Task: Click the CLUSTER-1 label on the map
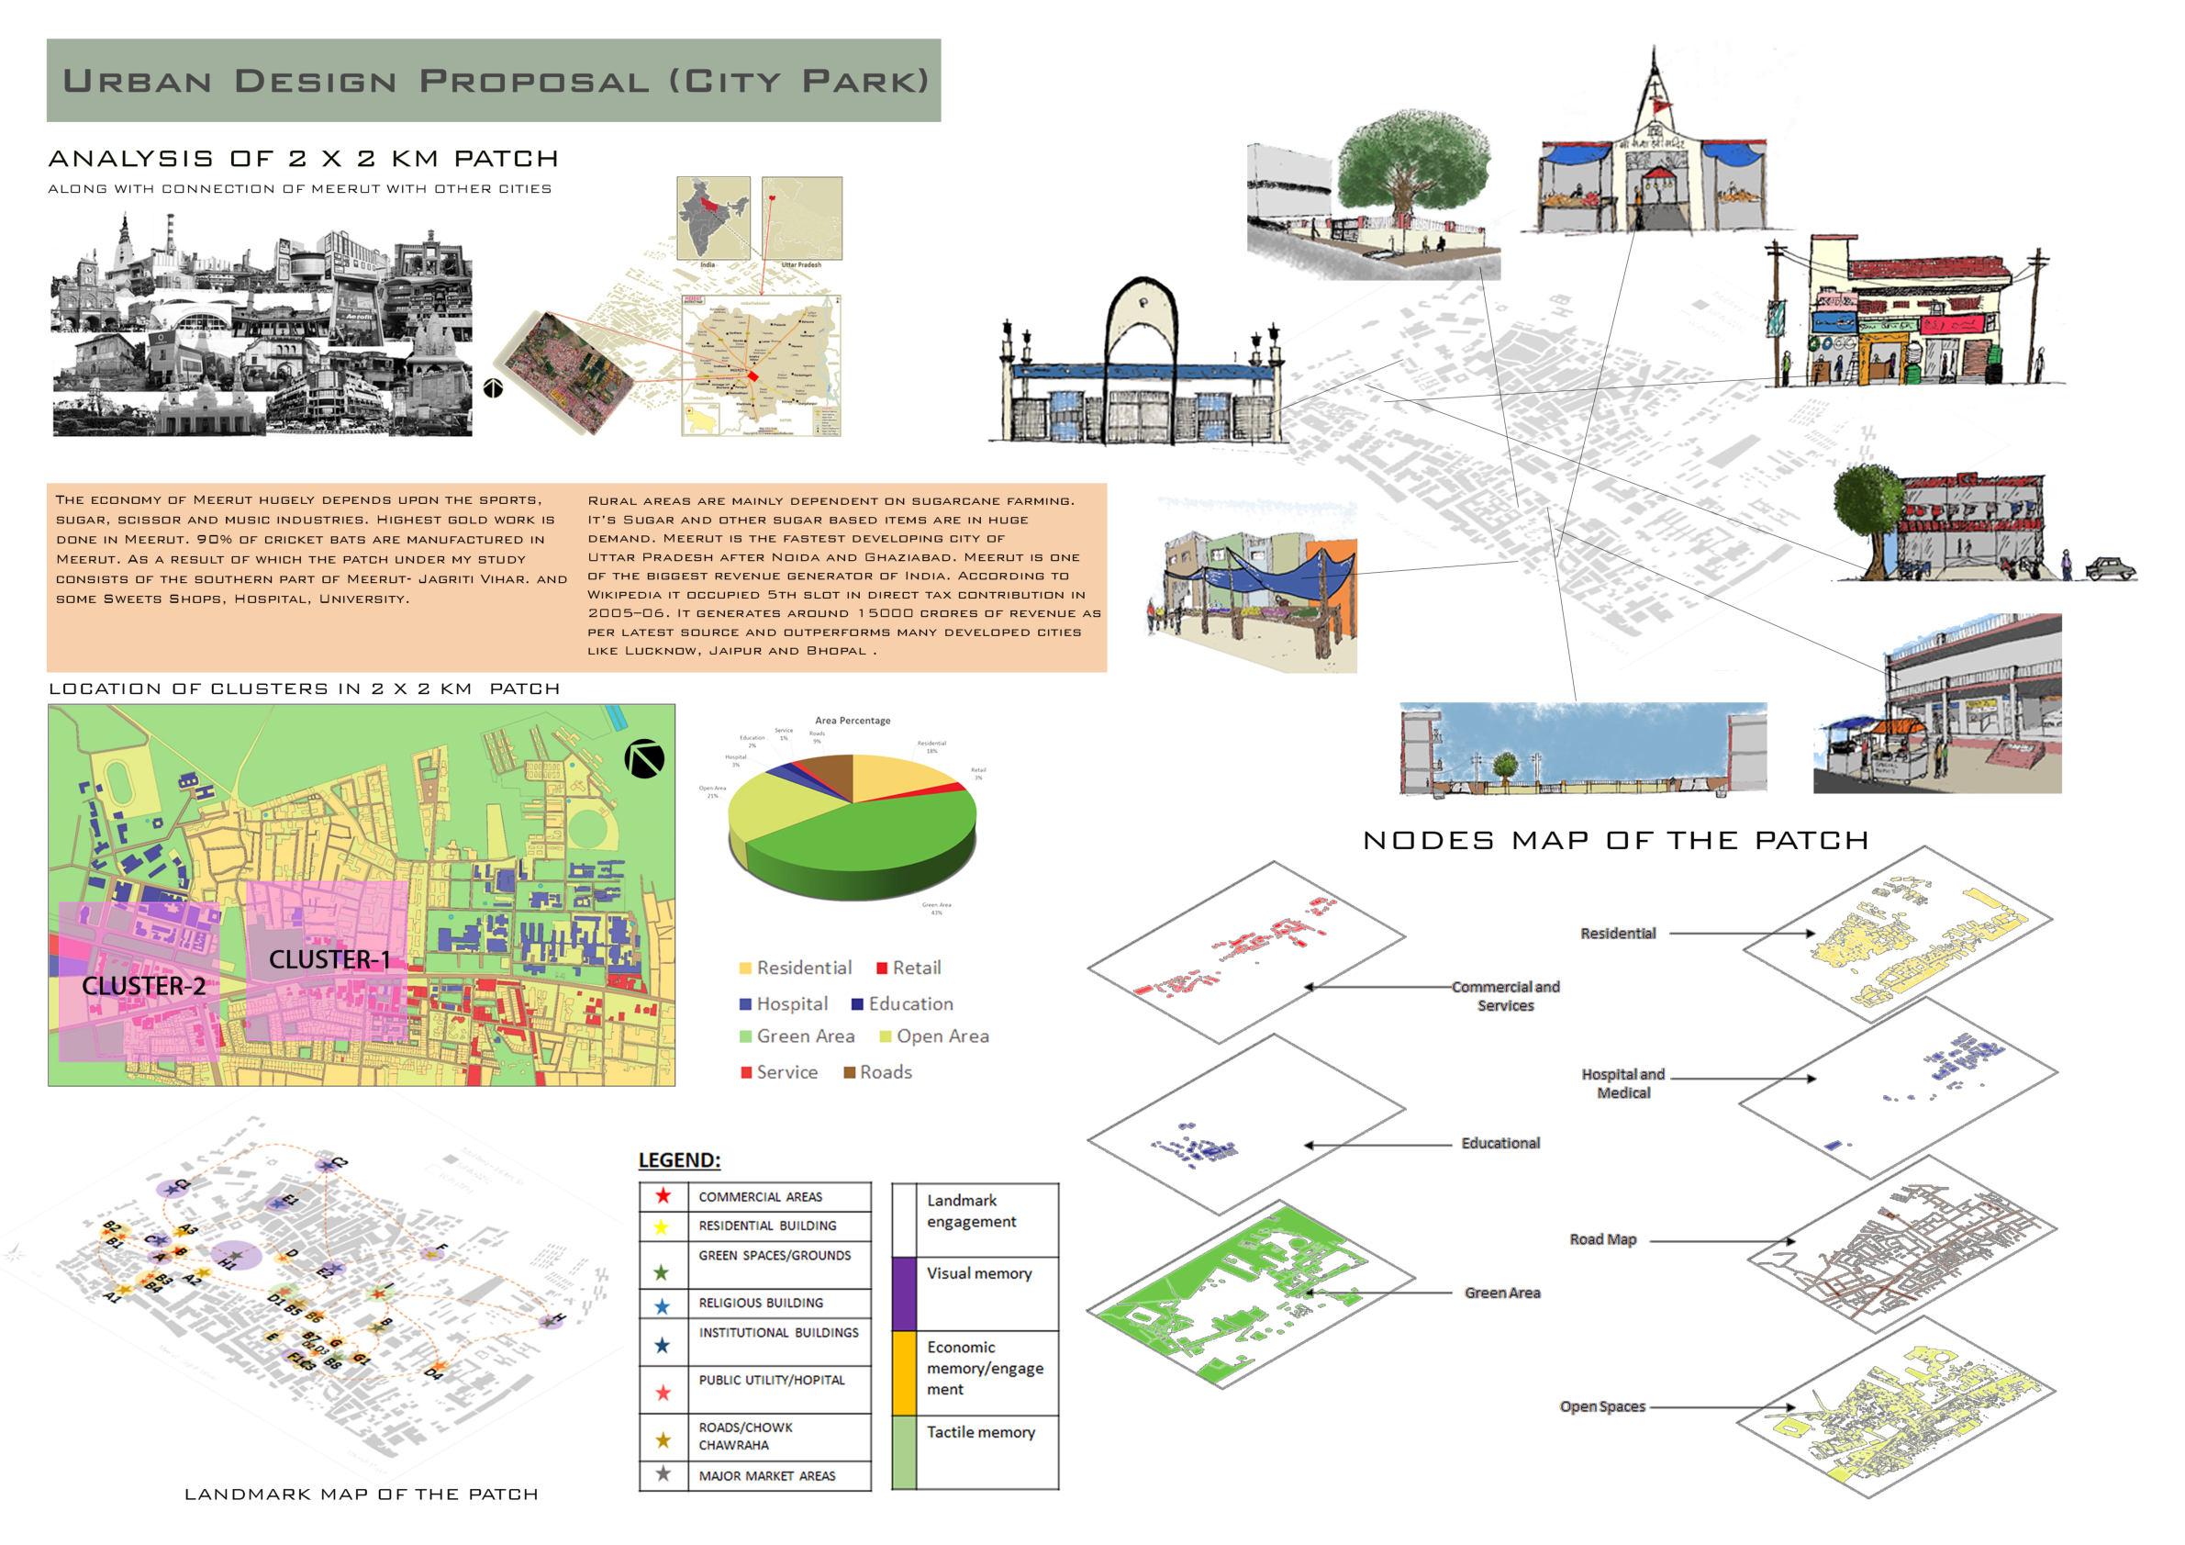pyautogui.click(x=329, y=959)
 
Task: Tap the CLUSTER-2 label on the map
pyautogui.click(x=144, y=986)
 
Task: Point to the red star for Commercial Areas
pyautogui.click(x=663, y=1196)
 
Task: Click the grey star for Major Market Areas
pyautogui.click(x=663, y=1474)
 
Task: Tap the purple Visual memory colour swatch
pyautogui.click(x=904, y=1293)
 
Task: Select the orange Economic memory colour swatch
pyautogui.click(x=904, y=1371)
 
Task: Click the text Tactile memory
pyautogui.click(x=980, y=1432)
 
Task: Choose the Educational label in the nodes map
pyautogui.click(x=1499, y=1143)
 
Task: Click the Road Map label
pyautogui.click(x=1602, y=1239)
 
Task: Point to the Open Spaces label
pyautogui.click(x=1602, y=1406)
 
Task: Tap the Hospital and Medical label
pyautogui.click(x=1622, y=1083)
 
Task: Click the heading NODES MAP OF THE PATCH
pyautogui.click(x=1616, y=841)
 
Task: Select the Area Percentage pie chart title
pyautogui.click(x=853, y=721)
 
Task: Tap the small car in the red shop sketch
pyautogui.click(x=2111, y=568)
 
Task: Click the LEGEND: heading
pyautogui.click(x=679, y=1160)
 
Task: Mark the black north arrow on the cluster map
pyautogui.click(x=644, y=758)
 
